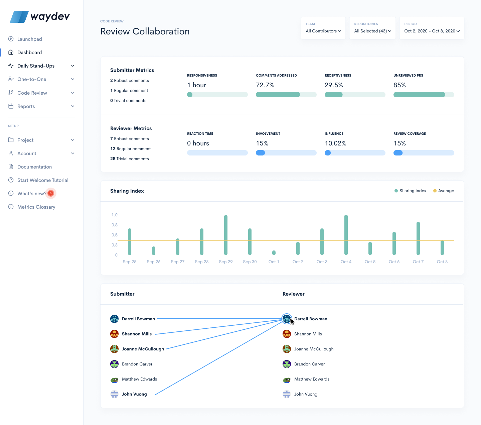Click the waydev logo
pos(40,16)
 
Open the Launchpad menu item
pos(29,39)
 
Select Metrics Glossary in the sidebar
pos(36,207)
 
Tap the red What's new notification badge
pos(51,193)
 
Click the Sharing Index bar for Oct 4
pos(346,235)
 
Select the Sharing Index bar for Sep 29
pos(226,235)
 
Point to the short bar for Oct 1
pos(274,253)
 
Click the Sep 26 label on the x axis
pos(154,262)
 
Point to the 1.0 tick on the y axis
pos(115,215)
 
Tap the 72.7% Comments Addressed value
pos(265,85)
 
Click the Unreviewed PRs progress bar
pos(424,95)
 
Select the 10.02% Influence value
pos(335,143)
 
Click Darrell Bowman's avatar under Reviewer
pos(287,319)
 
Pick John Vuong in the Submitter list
pos(134,394)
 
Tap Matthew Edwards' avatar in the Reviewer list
pos(287,380)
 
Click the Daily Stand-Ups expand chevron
pos(72,66)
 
